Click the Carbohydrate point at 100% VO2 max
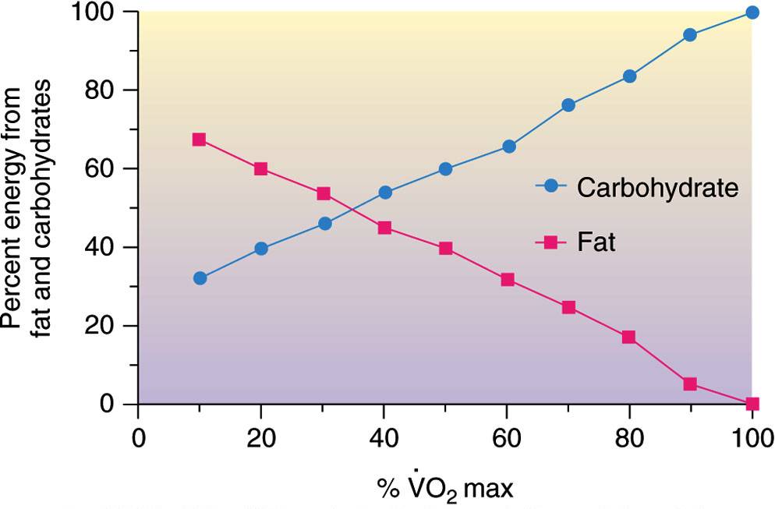click(752, 12)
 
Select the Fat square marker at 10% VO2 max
click(199, 140)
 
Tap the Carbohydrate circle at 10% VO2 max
click(200, 278)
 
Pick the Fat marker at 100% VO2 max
click(752, 404)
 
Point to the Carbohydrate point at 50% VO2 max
click(445, 169)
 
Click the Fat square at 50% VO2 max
click(445, 249)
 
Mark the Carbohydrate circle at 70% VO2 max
click(568, 104)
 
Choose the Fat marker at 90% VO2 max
click(691, 384)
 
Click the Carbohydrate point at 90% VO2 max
click(691, 35)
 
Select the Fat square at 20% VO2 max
click(260, 168)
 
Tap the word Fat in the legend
click(596, 242)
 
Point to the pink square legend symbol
click(551, 242)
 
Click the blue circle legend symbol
click(551, 186)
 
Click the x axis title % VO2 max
click(445, 488)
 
